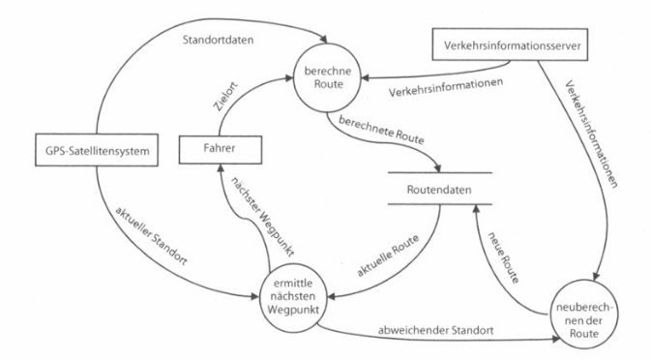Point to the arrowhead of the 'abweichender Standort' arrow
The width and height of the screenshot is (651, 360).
[556, 341]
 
